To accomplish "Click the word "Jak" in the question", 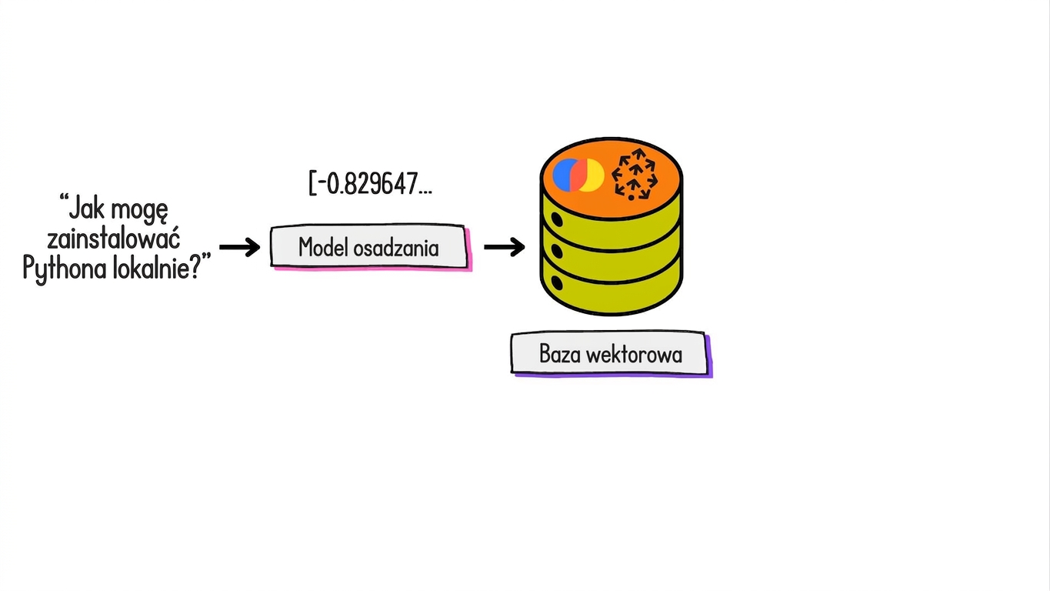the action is [87, 209].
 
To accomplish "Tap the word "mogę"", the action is [139, 211].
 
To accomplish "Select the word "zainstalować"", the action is [114, 239].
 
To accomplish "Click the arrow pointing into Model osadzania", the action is [239, 247].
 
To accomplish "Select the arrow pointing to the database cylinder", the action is [504, 247].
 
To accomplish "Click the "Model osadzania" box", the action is [370, 247].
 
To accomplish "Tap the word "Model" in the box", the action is [323, 247].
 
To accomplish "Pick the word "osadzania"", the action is [396, 248].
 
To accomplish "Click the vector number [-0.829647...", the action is [370, 183].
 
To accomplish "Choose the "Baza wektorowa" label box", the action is [612, 354].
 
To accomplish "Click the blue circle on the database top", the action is [562, 175].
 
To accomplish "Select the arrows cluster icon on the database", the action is [635, 175].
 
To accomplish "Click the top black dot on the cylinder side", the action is [557, 219].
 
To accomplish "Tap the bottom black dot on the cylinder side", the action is [557, 283].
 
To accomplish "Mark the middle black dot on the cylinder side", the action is [557, 251].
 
